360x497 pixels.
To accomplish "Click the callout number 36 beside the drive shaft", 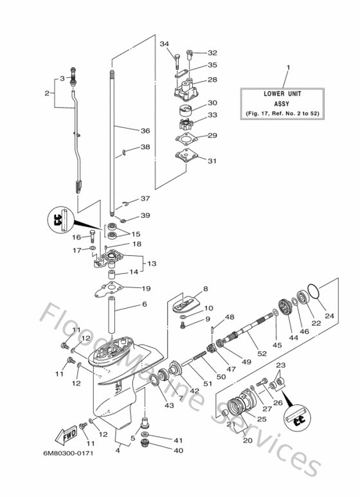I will [145, 131].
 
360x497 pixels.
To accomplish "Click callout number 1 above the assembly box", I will [287, 68].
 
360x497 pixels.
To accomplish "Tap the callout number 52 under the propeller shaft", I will [262, 353].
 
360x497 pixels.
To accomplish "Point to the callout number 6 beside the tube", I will [145, 304].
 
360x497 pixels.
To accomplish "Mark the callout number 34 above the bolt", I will [164, 44].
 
